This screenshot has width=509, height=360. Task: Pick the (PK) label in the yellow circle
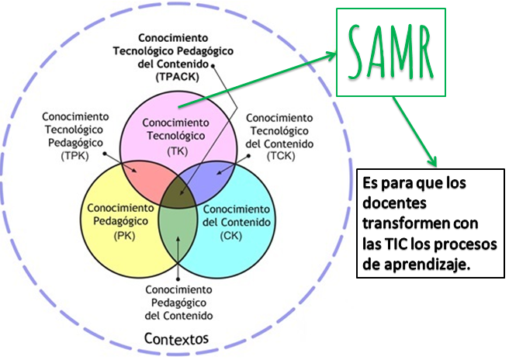pyautogui.click(x=124, y=235)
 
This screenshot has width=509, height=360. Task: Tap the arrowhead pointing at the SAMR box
pyautogui.click(x=333, y=56)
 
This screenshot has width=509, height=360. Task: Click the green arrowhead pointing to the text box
pyautogui.click(x=428, y=161)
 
